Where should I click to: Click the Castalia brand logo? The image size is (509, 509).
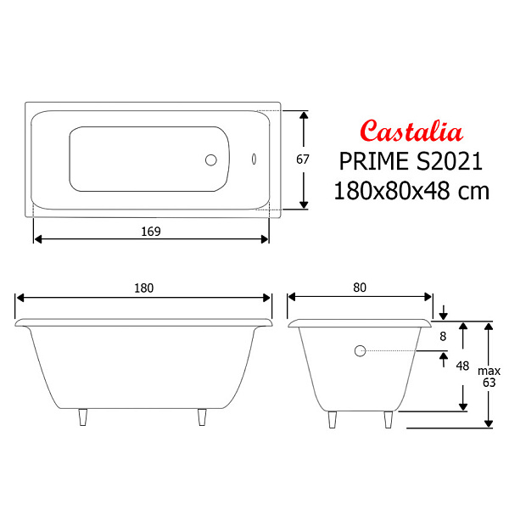click(411, 131)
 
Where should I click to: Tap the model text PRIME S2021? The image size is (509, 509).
click(411, 161)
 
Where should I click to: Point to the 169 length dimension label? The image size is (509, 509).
click(151, 230)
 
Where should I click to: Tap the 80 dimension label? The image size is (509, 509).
click(360, 288)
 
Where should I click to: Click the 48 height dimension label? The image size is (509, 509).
click(462, 366)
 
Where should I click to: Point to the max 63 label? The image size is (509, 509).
click(489, 376)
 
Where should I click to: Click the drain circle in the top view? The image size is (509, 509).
click(211, 159)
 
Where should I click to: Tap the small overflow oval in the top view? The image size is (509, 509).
click(254, 159)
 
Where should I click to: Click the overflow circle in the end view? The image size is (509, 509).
click(360, 350)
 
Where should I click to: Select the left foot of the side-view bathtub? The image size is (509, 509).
click(83, 418)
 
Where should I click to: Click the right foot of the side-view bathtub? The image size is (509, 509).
click(202, 418)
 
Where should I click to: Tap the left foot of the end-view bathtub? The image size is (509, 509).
click(333, 419)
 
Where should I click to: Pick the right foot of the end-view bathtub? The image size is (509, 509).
click(389, 419)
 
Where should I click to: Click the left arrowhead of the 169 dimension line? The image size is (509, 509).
click(36, 239)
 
